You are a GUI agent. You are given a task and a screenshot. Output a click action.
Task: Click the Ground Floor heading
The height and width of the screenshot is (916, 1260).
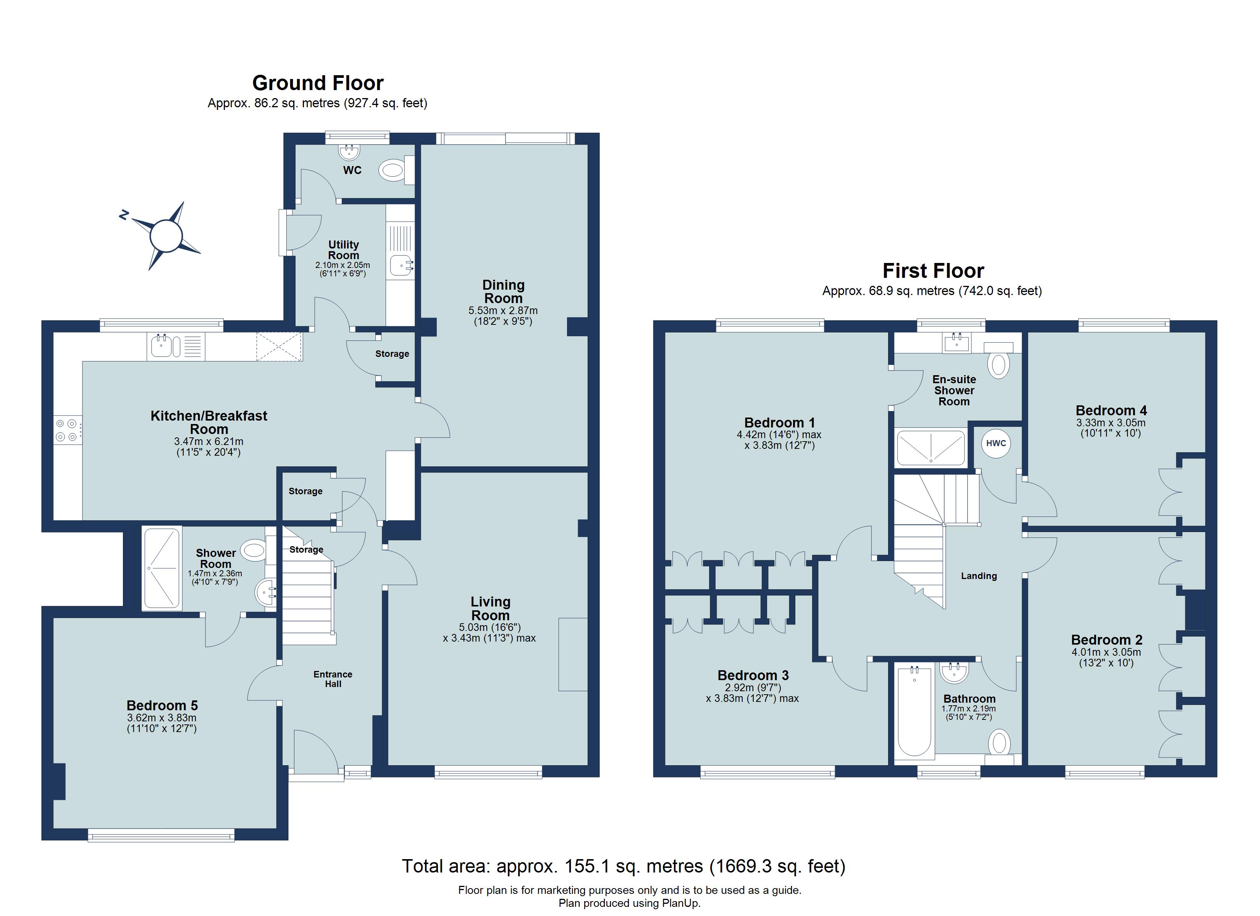(x=318, y=83)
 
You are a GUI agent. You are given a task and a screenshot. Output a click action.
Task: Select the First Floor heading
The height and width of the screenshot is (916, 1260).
(x=933, y=271)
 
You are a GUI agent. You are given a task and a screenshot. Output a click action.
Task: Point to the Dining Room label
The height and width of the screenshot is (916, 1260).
(x=503, y=292)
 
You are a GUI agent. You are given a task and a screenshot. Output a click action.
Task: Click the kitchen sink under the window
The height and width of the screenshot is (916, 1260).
(x=161, y=347)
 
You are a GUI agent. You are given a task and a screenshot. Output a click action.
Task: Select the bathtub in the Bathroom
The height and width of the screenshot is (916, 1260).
(x=914, y=712)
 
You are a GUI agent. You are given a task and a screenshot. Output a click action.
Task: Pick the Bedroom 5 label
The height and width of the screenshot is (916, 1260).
(x=162, y=705)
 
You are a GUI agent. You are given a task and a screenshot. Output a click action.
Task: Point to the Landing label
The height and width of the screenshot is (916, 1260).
(x=979, y=576)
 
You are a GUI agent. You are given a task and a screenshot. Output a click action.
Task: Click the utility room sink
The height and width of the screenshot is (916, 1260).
(x=401, y=266)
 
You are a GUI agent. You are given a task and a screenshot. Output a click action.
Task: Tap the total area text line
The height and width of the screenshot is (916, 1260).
(x=624, y=866)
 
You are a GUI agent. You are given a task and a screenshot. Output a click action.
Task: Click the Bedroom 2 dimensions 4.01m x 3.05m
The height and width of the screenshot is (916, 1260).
(x=1106, y=652)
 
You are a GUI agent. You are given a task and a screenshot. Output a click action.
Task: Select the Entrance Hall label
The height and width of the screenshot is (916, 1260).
(x=333, y=679)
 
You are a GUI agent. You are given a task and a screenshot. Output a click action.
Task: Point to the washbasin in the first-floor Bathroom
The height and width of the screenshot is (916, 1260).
(x=955, y=673)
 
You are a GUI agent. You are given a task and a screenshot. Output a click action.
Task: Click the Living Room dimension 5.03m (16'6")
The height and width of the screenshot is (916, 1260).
(x=489, y=627)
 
